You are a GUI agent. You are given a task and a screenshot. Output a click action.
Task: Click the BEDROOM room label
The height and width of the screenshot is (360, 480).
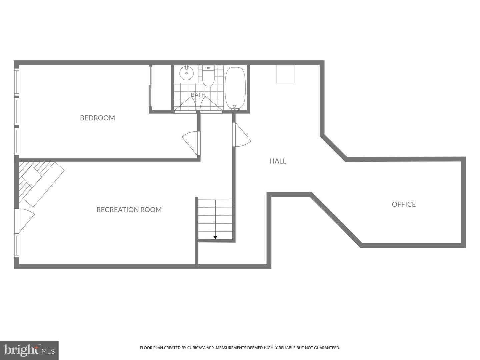pos(97,118)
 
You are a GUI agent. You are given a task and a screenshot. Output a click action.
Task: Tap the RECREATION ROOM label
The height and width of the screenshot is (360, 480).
pos(129,210)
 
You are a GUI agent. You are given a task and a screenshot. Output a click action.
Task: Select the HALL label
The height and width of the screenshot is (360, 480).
pos(278,161)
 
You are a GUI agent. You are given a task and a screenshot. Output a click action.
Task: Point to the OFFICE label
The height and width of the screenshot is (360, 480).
pos(404,204)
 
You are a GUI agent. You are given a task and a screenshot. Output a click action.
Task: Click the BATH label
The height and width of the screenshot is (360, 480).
pos(198,95)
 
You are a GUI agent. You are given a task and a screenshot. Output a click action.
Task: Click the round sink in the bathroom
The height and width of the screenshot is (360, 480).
pos(187,73)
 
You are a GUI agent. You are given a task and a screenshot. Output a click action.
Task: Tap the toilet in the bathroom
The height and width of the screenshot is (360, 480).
pos(208,76)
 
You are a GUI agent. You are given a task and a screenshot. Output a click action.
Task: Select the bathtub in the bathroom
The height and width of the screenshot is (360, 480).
pos(235,88)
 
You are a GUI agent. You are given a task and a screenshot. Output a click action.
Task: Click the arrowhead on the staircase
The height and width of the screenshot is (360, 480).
pos(215,237)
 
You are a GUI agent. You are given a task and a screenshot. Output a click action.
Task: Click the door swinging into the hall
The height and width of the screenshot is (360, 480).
pos(241,134)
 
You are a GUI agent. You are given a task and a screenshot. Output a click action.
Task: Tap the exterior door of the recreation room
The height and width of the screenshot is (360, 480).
pos(24,221)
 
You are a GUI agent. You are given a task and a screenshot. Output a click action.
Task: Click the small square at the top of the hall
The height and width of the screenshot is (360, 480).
pos(285,74)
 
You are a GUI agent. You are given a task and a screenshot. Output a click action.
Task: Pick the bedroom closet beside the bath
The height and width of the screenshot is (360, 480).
pos(160,88)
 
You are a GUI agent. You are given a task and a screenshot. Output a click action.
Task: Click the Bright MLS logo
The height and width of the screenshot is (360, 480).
pos(29,350)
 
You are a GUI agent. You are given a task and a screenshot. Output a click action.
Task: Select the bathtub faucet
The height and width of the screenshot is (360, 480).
pos(235,107)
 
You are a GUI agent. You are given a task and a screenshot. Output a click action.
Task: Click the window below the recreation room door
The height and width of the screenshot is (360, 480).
pos(17,246)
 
